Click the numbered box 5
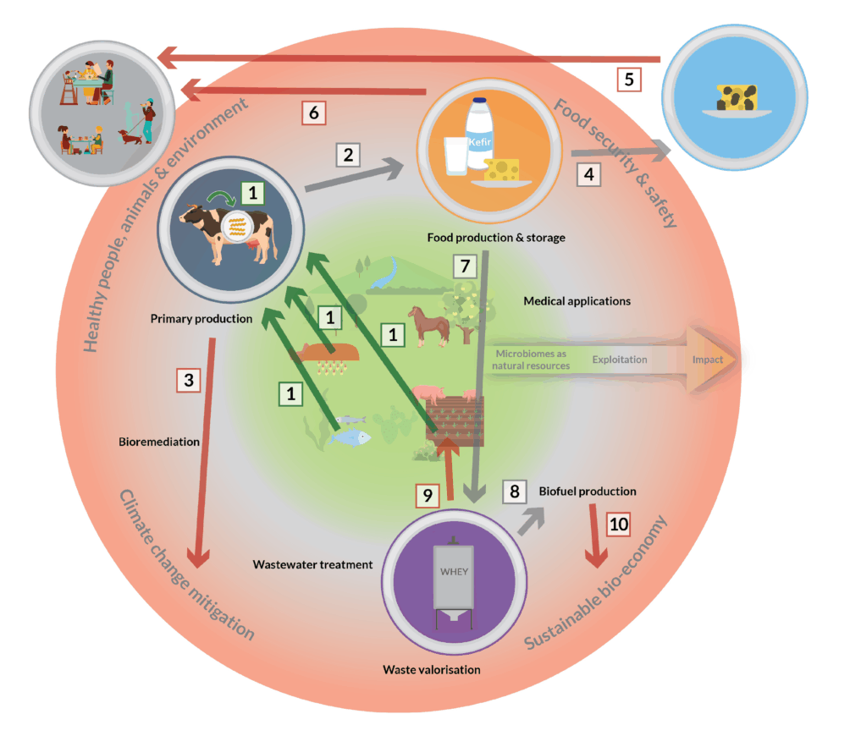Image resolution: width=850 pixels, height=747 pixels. coord(627,80)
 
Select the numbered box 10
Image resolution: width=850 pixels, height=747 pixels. coord(620,523)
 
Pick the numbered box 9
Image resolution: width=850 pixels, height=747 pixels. coord(428,496)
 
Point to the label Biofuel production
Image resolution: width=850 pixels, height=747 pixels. coord(588,491)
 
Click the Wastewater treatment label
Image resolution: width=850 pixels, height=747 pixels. coord(313,563)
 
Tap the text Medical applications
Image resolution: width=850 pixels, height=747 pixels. coord(577,300)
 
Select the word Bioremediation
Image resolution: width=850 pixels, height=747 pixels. coord(160,441)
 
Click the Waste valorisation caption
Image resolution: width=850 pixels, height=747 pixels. coord(432,669)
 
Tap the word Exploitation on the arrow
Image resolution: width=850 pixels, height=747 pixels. coord(620,360)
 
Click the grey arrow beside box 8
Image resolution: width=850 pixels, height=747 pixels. coord(531,519)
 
